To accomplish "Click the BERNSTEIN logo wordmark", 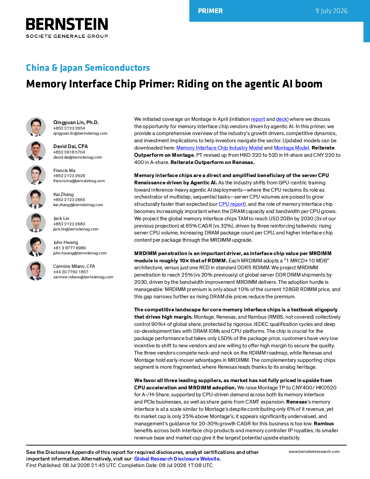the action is click(x=67, y=24).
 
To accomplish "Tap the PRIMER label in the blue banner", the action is click(x=210, y=11).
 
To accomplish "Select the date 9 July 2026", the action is click(x=331, y=11).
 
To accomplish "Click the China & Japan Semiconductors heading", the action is click(x=88, y=67).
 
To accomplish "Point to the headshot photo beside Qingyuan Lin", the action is click(x=36, y=127).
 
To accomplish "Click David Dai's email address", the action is click(x=78, y=157).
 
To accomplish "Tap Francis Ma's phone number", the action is click(x=69, y=176).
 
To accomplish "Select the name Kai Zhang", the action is click(x=63, y=194).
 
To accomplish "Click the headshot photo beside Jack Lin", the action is click(x=36, y=223).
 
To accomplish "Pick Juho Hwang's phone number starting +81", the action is click(x=69, y=248).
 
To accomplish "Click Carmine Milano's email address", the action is click(x=83, y=277).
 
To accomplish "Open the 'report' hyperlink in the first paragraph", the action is click(x=258, y=119).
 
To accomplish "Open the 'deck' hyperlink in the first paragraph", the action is click(x=281, y=119).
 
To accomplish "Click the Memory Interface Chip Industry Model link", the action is click(x=219, y=148).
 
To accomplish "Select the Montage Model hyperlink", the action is click(x=291, y=148).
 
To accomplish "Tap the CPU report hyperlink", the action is click(x=231, y=204).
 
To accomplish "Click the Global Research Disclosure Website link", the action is click(x=177, y=459).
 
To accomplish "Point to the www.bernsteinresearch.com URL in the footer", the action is click(x=314, y=451).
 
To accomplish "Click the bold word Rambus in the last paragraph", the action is click(x=324, y=423).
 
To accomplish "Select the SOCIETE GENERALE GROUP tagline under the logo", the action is click(x=67, y=36).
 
